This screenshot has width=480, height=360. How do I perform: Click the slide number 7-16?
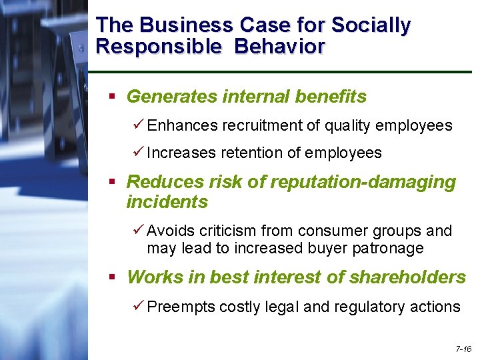[x=463, y=349]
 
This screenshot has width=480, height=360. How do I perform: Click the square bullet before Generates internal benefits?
[x=113, y=97]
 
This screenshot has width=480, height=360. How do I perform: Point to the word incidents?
[x=167, y=201]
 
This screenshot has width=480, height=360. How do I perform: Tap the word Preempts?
[x=181, y=307]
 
